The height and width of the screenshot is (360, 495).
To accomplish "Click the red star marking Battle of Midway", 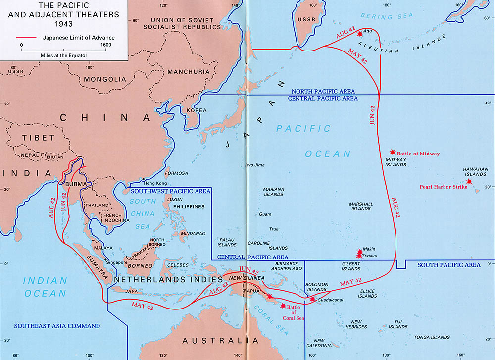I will (393, 152).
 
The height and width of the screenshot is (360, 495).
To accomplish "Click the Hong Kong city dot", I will (143, 179).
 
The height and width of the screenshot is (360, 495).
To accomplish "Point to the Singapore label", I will (116, 262).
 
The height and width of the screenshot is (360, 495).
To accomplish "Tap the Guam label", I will (265, 214).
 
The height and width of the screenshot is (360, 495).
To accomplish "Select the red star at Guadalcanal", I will (312, 299).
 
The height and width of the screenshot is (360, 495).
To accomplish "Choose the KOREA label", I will (196, 110).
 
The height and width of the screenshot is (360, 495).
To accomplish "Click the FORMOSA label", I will (177, 173).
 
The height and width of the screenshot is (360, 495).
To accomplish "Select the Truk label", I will (274, 229).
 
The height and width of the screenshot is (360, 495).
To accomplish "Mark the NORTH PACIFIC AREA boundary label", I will (324, 92).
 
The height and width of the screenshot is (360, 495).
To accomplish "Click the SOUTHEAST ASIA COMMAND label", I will (57, 326).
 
